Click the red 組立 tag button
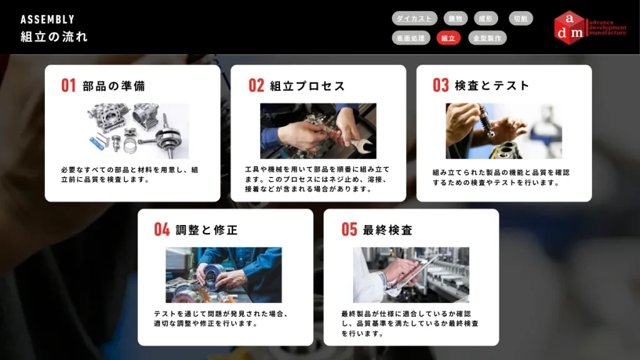pyautogui.click(x=448, y=38)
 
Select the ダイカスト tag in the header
pyautogui.click(x=414, y=18)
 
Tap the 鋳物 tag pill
pyautogui.click(x=456, y=18)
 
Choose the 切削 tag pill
pyautogui.click(x=521, y=18)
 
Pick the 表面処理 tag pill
pyautogui.click(x=411, y=38)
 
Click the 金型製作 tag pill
pyautogui.click(x=487, y=38)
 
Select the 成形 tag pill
pyautogui.click(x=486, y=18)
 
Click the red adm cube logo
pyautogui.click(x=569, y=27)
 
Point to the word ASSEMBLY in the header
pyautogui.click(x=47, y=19)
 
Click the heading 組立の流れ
pyautogui.click(x=54, y=37)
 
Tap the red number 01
pyautogui.click(x=69, y=86)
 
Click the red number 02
pyautogui.click(x=256, y=86)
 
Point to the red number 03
pyautogui.click(x=441, y=85)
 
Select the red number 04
pyautogui.click(x=162, y=229)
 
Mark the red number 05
pyautogui.click(x=349, y=229)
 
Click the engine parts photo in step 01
pyautogui.click(x=138, y=131)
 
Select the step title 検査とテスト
pyautogui.click(x=492, y=86)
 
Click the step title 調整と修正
pyautogui.click(x=206, y=230)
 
